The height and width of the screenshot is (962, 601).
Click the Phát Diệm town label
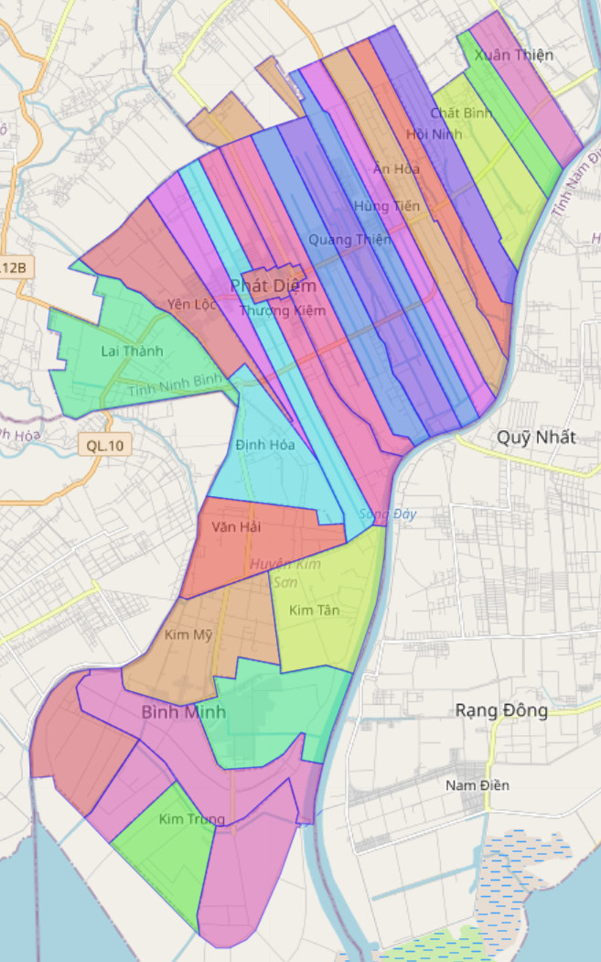point(274,286)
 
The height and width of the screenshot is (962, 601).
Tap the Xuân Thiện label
point(514,55)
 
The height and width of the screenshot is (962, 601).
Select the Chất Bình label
point(461,113)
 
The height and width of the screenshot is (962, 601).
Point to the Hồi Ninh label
point(435,135)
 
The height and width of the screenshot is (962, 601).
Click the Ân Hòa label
point(396,168)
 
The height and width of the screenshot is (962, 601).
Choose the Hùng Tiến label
point(387,206)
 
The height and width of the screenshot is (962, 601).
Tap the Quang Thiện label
point(349,240)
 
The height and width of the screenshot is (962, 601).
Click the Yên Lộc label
point(192,304)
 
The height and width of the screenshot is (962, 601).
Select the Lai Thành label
point(132,351)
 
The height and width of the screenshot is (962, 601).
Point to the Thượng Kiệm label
point(283,311)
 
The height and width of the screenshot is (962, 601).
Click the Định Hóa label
point(265,445)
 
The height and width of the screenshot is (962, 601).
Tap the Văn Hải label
point(236,527)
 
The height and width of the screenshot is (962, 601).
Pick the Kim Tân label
point(314,611)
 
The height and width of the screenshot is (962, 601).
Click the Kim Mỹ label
point(188,634)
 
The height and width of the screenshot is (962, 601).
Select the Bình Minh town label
point(184,711)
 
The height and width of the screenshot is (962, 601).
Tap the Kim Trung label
point(191,819)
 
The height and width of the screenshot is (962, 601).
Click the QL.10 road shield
point(105,446)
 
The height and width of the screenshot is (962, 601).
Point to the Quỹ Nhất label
point(536,438)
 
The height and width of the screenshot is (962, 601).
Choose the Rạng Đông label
point(502,710)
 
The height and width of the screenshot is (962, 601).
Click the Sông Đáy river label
point(388,514)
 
